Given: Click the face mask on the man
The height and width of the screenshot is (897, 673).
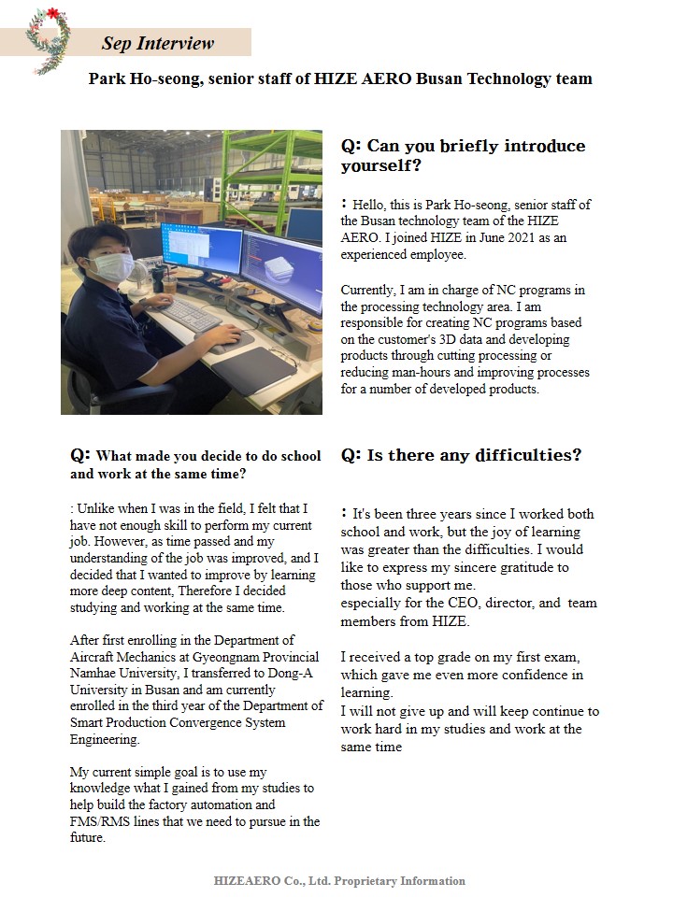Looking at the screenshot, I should (x=109, y=267).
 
